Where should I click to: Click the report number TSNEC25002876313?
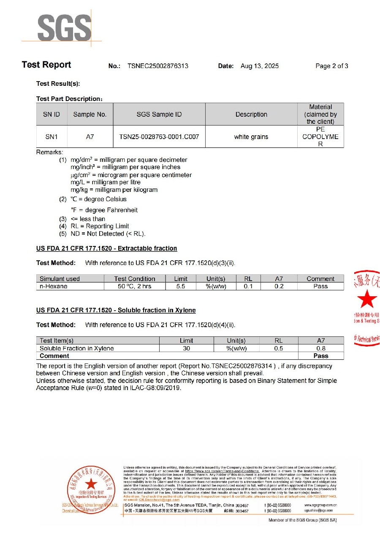click(158, 66)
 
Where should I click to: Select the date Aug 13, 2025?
click(260, 66)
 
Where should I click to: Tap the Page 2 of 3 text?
click(332, 66)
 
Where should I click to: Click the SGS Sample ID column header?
click(159, 115)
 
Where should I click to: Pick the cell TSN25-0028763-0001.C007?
click(159, 137)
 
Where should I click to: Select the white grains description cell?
click(251, 137)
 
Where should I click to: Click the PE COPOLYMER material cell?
click(320, 137)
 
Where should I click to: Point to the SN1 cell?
click(52, 137)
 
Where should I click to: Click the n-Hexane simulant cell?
click(54, 286)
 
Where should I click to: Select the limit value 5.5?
click(181, 286)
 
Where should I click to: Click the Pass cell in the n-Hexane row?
click(320, 286)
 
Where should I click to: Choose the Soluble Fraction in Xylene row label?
click(77, 348)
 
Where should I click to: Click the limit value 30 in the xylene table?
click(186, 348)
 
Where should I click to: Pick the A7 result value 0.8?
click(321, 348)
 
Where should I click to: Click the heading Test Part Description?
click(69, 99)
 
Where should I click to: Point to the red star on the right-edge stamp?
click(367, 299)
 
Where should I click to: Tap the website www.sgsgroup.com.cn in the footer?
click(320, 505)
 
